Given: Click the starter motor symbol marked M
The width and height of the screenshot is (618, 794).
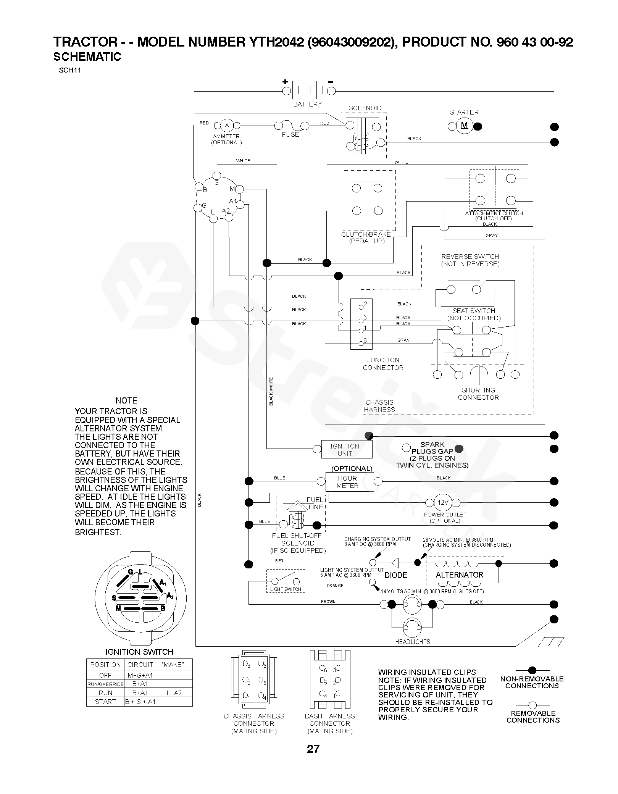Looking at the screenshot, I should [465, 126].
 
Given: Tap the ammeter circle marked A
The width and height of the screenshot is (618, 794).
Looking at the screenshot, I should [227, 125].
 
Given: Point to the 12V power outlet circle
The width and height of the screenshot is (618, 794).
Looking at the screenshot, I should [443, 502].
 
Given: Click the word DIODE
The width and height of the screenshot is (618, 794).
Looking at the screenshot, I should [396, 575].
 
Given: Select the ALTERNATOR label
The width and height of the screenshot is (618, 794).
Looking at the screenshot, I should [460, 575].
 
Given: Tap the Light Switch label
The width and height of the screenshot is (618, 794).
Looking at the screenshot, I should [286, 589].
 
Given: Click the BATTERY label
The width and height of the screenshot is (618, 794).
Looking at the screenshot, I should [307, 104].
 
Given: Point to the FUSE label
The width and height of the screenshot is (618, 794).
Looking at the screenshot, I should [290, 134].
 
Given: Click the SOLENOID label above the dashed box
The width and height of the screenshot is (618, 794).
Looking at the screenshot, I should [365, 108].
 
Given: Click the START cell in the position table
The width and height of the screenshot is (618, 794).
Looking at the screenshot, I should [105, 702].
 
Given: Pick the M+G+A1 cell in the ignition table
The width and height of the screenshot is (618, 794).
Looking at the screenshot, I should [140, 675].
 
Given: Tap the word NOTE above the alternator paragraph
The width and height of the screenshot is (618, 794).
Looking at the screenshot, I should [126, 400].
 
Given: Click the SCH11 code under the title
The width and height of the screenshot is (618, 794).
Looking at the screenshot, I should [70, 70].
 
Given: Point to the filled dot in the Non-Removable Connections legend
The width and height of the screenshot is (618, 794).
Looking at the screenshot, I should [532, 670].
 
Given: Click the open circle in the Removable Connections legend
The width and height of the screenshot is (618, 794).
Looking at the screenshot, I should [532, 705].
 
